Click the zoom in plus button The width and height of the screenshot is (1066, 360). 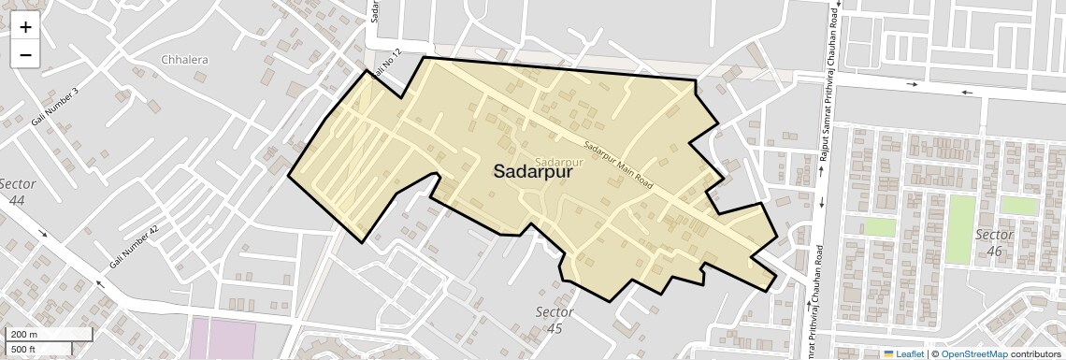pos(25,27)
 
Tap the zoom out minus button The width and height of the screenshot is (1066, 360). pos(25,55)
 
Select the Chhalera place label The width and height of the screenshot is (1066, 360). pos(184,60)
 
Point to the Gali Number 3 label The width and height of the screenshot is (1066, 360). pos(55,107)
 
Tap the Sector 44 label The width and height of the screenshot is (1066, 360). pos(18,192)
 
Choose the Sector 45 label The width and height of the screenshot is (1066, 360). pos(555,319)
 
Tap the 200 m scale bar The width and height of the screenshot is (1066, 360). pos(50,335)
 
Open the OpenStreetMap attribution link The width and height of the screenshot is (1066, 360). pos(973,353)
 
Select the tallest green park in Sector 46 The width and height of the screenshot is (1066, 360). pos(960,229)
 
